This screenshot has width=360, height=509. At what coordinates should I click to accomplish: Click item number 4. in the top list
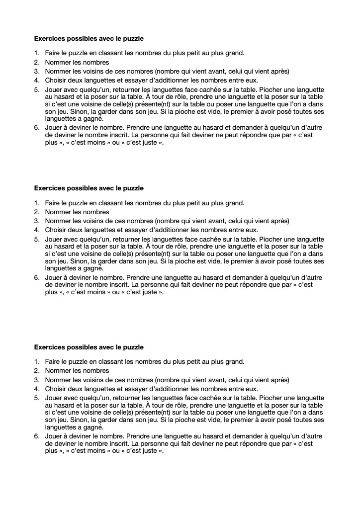click(x=37, y=80)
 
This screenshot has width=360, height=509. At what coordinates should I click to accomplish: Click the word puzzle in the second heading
click(x=133, y=188)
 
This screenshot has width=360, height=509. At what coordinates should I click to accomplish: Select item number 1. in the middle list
click(x=37, y=203)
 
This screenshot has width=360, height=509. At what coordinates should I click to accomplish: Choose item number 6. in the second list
click(x=37, y=277)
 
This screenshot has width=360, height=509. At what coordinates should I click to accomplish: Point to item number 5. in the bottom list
click(x=37, y=398)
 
